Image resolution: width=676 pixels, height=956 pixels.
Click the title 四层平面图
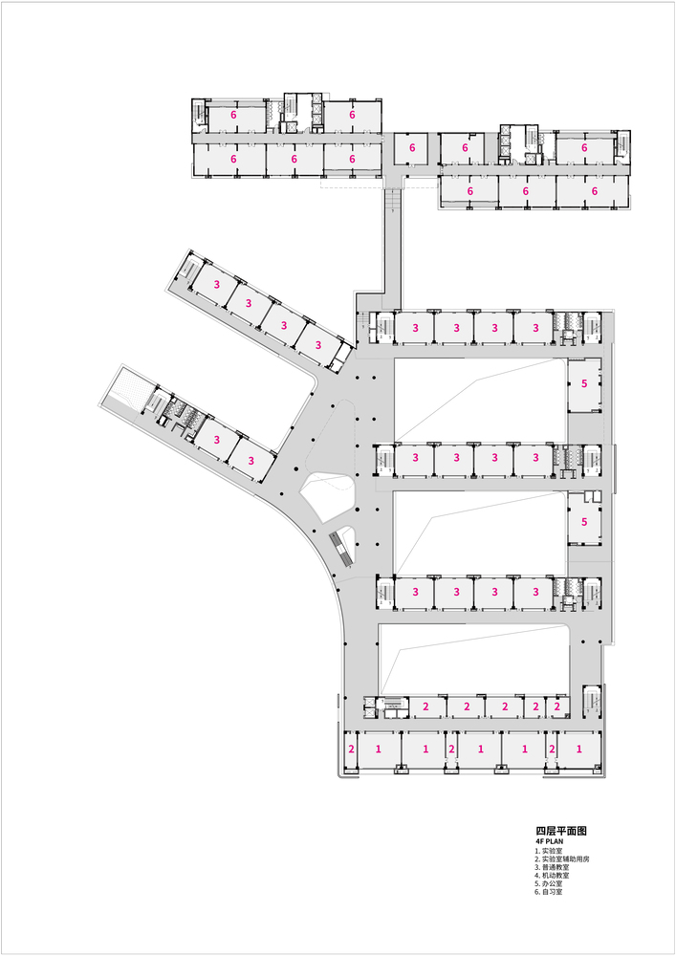pyautogui.click(x=561, y=831)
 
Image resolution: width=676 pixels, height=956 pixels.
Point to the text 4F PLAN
pyautogui.click(x=549, y=841)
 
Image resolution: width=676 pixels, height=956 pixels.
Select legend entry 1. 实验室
pyautogui.click(x=549, y=851)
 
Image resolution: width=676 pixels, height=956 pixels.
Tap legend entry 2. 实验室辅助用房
pyautogui.click(x=562, y=859)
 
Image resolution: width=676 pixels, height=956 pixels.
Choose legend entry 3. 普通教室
pyautogui.click(x=552, y=867)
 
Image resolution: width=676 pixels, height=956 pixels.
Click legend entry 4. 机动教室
pyautogui.click(x=552, y=876)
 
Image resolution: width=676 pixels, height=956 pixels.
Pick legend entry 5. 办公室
pyautogui.click(x=549, y=883)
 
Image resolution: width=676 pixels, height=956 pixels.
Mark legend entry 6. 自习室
pyautogui.click(x=549, y=892)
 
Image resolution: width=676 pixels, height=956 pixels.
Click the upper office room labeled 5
pyautogui.click(x=584, y=384)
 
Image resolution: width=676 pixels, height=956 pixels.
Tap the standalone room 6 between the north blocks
pyautogui.click(x=412, y=148)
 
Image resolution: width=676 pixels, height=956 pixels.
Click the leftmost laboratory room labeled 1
pyautogui.click(x=379, y=750)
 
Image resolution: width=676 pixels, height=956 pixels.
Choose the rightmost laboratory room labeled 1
pyautogui.click(x=579, y=750)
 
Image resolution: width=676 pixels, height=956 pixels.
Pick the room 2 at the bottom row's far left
pyautogui.click(x=351, y=750)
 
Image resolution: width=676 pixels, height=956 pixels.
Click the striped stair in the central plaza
pyautogui.click(x=342, y=548)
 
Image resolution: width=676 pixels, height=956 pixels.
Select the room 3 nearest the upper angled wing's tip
pyautogui.click(x=216, y=285)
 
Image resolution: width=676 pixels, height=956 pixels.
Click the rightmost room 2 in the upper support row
pyautogui.click(x=557, y=706)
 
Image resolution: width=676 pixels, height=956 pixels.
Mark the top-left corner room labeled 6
pyautogui.click(x=233, y=116)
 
